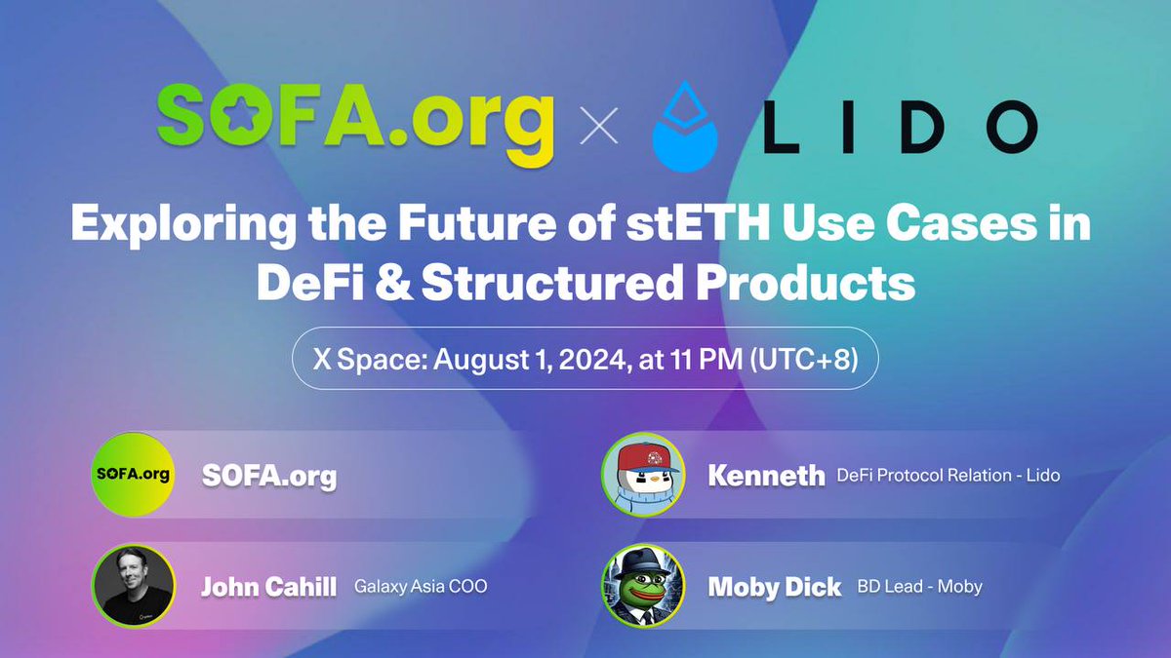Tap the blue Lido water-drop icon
pos(684,128)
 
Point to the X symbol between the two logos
pos(599,127)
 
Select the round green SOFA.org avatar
pos(133,475)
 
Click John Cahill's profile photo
pos(133,585)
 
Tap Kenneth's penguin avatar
pos(642,475)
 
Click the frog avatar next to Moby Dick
pos(642,585)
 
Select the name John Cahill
pos(268,587)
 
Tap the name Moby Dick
pos(775,587)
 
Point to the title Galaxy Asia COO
pos(421,587)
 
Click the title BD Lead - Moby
pos(919,587)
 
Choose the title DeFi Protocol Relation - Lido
pos(948,476)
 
